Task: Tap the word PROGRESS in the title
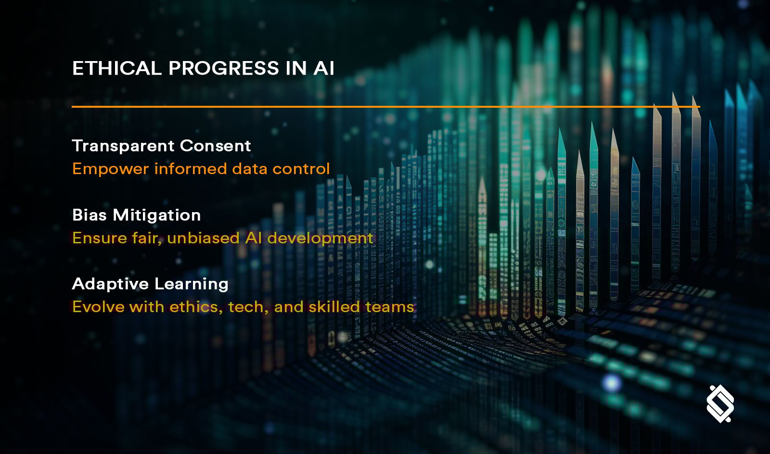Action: [x=224, y=68]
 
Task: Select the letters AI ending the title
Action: [x=324, y=68]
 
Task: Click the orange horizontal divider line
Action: [x=385, y=106]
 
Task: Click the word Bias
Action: [x=89, y=215]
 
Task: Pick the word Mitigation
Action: [x=157, y=215]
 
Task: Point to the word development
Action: [x=320, y=238]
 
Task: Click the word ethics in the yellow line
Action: [x=196, y=307]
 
